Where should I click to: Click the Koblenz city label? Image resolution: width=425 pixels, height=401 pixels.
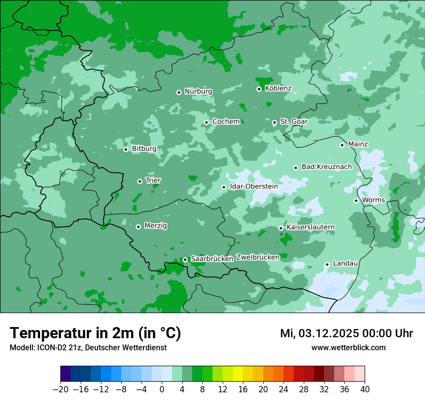coord(278,88)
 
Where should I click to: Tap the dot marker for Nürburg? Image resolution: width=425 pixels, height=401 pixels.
coord(179,92)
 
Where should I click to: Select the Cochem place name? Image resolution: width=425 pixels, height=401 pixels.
coord(226,122)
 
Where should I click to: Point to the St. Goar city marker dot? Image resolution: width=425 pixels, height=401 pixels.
coord(274,122)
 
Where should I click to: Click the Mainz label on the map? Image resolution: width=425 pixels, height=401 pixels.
coord(358,144)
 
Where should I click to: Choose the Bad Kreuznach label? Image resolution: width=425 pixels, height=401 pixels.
coord(326,167)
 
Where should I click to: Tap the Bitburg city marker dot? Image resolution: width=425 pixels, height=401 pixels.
coord(126,149)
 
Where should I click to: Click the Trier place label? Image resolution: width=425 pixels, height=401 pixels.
coord(153,181)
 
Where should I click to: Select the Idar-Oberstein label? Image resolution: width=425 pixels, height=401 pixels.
coord(254,186)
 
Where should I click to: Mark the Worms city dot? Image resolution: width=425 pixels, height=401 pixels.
coord(356,200)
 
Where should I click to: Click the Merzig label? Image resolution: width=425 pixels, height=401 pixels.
coord(156,226)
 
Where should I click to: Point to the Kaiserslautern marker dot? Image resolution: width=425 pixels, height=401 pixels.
coord(281,228)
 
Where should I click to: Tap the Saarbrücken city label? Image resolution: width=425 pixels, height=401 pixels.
coord(212,259)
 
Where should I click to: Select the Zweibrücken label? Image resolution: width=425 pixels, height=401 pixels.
coord(257,258)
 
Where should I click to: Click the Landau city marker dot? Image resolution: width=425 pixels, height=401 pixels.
coord(327,264)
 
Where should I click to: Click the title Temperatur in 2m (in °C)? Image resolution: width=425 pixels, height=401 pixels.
coord(95,333)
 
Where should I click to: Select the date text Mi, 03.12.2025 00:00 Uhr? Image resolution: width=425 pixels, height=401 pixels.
coord(346,333)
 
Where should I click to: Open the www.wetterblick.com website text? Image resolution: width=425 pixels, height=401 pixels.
coord(348,347)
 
